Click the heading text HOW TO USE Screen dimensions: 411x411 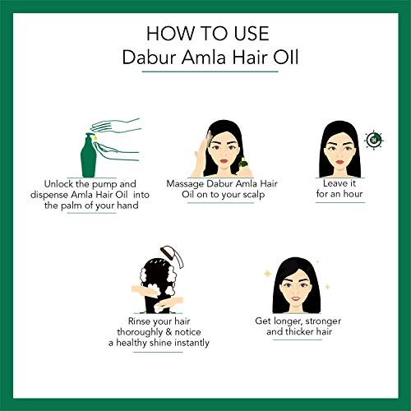[205, 34]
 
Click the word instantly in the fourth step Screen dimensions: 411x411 [187, 343]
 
